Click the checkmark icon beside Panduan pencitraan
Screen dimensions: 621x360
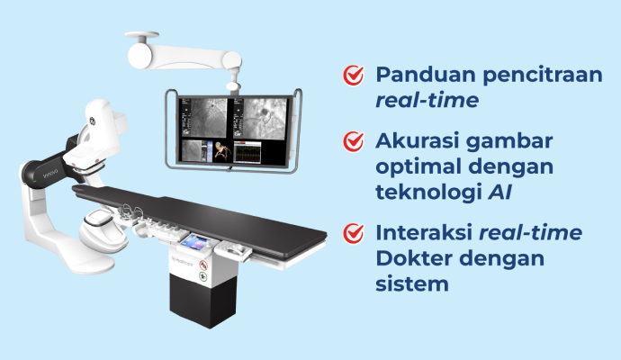pos(354,76)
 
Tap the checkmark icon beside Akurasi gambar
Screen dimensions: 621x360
pos(354,142)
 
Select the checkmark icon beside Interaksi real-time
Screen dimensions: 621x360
pos(354,233)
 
